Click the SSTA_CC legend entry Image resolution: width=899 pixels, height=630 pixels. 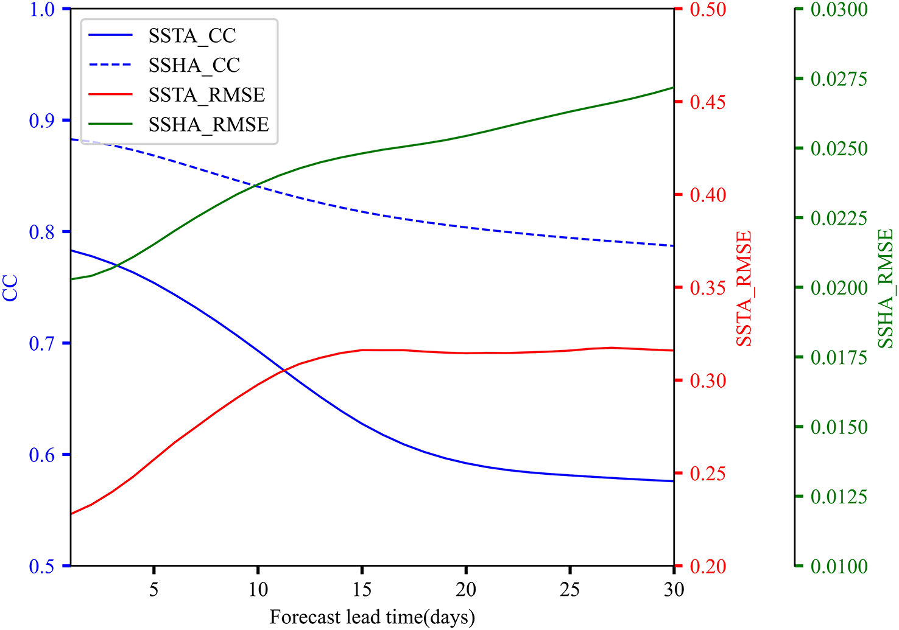192,36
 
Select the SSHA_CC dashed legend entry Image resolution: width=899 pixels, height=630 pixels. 194,65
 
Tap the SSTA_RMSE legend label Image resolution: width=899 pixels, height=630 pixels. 206,95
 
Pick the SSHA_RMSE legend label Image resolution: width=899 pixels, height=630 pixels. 208,125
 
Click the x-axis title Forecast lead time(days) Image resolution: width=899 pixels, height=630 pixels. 372,617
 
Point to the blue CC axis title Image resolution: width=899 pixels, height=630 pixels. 11,288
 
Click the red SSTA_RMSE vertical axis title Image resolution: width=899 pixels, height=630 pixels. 744,289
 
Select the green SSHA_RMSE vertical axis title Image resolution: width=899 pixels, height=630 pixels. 885,289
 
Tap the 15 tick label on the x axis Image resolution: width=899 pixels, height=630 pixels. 362,590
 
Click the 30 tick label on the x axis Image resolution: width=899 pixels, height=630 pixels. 673,590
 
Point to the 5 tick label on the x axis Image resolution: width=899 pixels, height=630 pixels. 154,590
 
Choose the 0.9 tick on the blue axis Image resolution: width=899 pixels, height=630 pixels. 41,121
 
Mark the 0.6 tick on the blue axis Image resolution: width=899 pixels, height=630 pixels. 41,455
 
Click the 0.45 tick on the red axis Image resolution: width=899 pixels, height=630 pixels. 708,102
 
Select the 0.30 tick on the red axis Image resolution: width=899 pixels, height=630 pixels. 708,381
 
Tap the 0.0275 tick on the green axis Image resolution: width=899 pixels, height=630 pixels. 839,79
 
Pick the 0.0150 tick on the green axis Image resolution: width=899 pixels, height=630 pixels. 839,427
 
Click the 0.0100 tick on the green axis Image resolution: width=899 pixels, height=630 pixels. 839,567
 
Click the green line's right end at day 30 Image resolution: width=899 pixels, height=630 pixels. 673,87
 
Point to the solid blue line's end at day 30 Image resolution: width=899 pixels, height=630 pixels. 673,481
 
